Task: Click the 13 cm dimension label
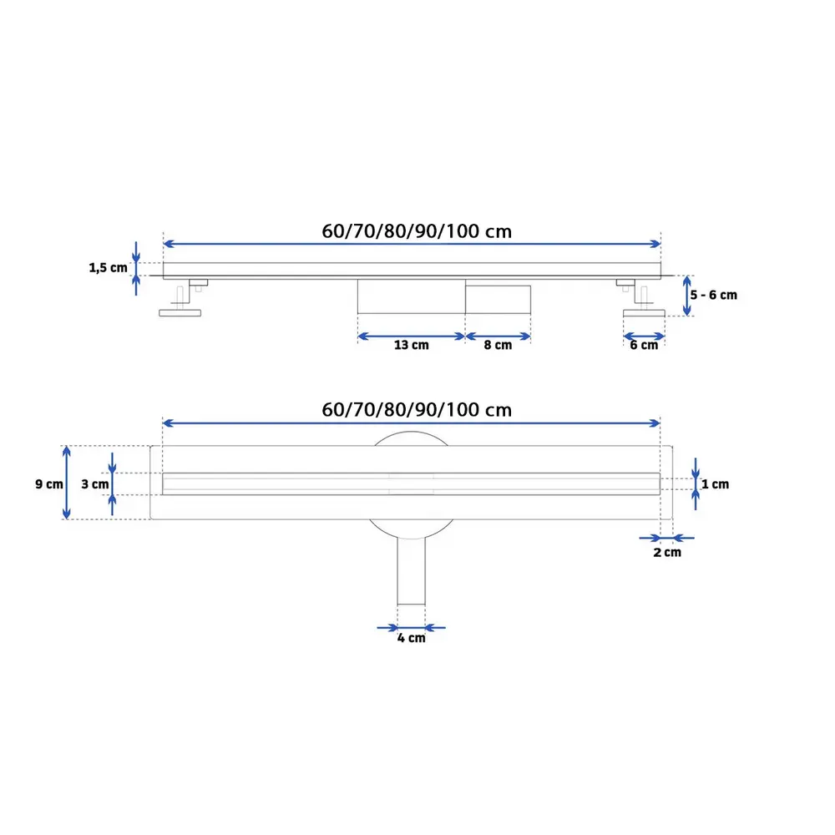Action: tap(410, 346)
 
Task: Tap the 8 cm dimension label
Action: tap(498, 346)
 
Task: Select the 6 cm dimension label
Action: tap(643, 346)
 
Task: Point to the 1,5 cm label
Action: tap(109, 268)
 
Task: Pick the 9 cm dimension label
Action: tap(49, 484)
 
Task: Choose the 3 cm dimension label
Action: tap(95, 484)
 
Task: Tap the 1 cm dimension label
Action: tap(715, 484)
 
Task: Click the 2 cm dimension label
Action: tap(666, 553)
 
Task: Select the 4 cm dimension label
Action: tap(411, 639)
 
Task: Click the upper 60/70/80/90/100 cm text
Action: tap(417, 231)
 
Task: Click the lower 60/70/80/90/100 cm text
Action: tap(417, 410)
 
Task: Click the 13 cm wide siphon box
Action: tap(411, 296)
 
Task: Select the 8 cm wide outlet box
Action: tap(498, 298)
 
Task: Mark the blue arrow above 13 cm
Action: tap(411, 337)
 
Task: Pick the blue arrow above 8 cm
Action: tap(498, 337)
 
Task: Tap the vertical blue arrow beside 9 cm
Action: tap(68, 483)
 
